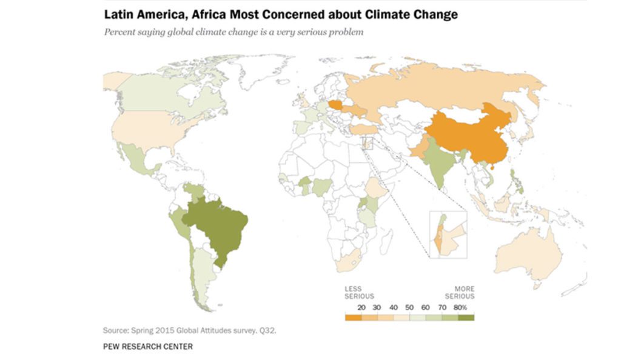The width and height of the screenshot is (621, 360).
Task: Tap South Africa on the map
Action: [x=346, y=262]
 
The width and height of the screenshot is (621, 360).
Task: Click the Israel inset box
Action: [x=447, y=234]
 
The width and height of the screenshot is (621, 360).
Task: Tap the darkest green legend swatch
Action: [x=466, y=316]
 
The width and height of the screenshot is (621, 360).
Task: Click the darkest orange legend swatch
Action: [x=352, y=316]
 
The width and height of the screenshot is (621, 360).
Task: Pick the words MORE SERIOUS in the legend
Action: [x=464, y=292]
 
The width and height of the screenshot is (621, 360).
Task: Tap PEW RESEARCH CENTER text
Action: [x=148, y=347]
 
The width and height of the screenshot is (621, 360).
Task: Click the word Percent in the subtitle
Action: [x=119, y=32]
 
